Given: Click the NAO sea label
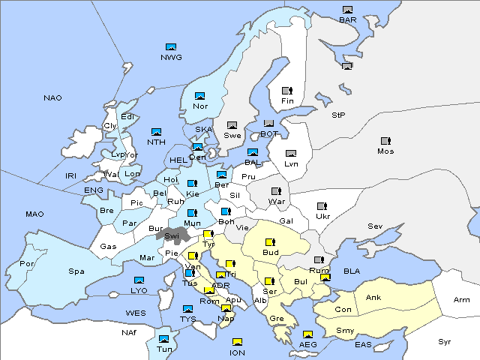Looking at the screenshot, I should (x=52, y=98).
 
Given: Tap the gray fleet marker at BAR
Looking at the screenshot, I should (x=347, y=10).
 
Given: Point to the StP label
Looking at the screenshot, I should (x=338, y=115).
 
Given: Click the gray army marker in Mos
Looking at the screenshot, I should (x=385, y=141).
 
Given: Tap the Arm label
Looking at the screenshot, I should (x=462, y=300).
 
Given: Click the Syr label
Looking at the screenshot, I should (x=445, y=341).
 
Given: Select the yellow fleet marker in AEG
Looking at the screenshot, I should (x=307, y=334).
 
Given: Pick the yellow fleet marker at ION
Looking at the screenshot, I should (x=237, y=343).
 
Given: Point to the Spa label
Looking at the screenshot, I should (x=76, y=271).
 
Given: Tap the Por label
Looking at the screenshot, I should (x=27, y=264).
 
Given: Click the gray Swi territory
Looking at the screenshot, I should (x=171, y=235).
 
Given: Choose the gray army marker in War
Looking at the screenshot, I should (x=276, y=191).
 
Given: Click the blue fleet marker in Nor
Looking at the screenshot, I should (x=199, y=96).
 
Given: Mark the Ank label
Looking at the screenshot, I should (x=373, y=298).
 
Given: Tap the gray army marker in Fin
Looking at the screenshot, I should (x=286, y=91).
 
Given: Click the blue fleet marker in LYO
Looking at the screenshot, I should (x=139, y=280).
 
